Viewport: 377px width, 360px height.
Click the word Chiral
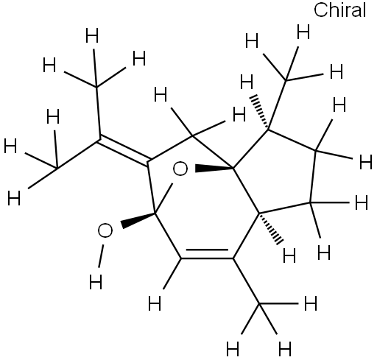(340, 10)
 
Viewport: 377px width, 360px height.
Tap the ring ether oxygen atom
(180, 169)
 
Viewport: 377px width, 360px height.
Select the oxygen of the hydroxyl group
(105, 230)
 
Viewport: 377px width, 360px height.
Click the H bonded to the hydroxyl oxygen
(96, 282)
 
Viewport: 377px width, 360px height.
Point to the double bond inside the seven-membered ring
(207, 255)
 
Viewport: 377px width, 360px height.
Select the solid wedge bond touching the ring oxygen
(214, 169)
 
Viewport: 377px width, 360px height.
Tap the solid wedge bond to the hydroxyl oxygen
(138, 220)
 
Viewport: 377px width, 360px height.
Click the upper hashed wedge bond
(260, 112)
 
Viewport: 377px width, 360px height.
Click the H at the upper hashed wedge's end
(247, 82)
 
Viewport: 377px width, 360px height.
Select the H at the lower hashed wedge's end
(289, 256)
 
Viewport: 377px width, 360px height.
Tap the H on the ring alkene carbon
(155, 303)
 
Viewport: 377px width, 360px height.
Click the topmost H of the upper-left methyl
(92, 35)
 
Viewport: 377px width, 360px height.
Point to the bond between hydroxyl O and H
(101, 255)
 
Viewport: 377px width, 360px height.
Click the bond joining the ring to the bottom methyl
(246, 280)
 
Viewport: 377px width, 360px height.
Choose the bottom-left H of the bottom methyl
(233, 348)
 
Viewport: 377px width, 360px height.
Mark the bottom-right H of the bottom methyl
(285, 348)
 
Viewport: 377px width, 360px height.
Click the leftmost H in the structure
(10, 146)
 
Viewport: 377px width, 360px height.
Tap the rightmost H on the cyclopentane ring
(366, 163)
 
